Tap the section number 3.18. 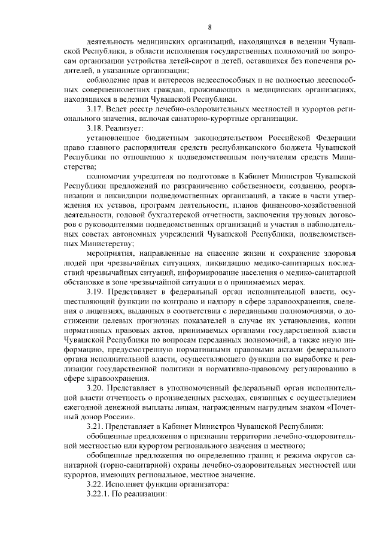[x=96, y=128]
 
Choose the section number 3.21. [x=96, y=426]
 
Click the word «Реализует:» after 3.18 [x=125, y=128]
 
